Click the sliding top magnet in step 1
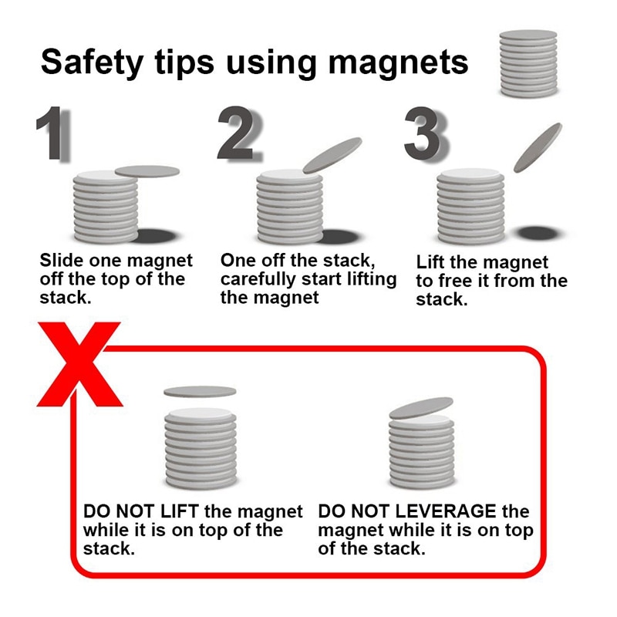click(147, 170)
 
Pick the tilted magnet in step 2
click(332, 155)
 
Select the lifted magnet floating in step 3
click(538, 147)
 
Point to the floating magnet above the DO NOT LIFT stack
click(199, 391)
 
